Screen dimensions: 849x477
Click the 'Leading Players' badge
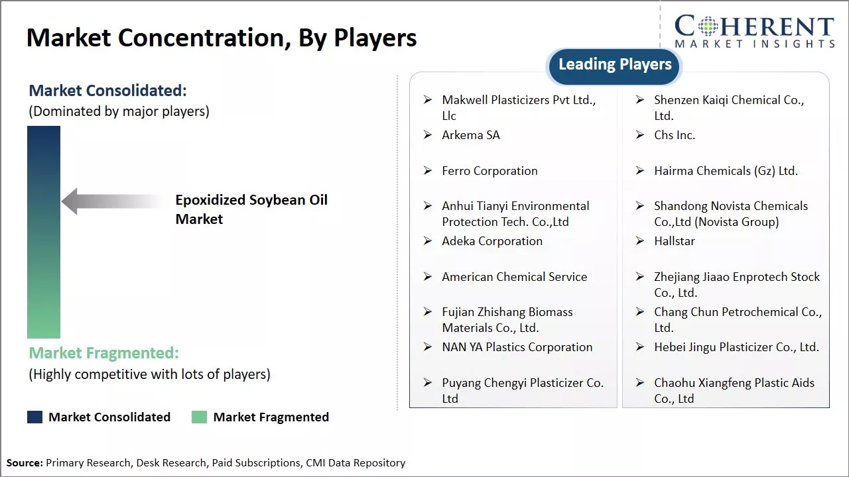click(x=614, y=66)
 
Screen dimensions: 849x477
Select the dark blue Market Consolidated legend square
click(x=35, y=417)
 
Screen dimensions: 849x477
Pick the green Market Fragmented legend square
click(x=200, y=417)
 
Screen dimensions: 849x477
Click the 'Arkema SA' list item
click(x=471, y=135)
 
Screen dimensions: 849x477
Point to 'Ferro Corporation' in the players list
click(x=490, y=171)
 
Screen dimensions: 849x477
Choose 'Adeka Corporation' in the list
click(x=492, y=241)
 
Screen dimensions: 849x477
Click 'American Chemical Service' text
click(x=514, y=277)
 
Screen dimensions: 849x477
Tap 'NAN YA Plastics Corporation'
click(x=517, y=347)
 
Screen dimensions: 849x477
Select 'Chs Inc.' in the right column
click(x=675, y=135)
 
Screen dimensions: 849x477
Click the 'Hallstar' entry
click(x=675, y=241)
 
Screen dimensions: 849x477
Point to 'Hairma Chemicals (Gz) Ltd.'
click(x=726, y=171)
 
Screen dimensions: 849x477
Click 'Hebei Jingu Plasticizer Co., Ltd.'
click(x=736, y=347)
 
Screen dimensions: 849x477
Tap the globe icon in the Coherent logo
click(x=708, y=26)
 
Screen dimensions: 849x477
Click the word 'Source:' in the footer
click(x=25, y=462)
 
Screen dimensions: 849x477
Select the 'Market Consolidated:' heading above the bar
click(x=108, y=91)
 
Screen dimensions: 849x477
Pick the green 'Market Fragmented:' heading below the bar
click(x=104, y=353)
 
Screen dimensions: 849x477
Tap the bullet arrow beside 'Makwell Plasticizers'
click(x=428, y=99)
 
